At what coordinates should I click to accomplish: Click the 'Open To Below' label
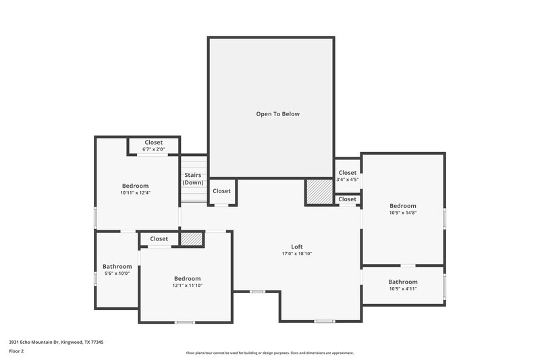277,114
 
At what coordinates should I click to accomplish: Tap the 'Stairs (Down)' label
193,179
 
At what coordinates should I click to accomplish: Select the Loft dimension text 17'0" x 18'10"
296,254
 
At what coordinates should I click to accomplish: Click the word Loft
296,247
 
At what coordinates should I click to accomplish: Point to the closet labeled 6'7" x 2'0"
153,149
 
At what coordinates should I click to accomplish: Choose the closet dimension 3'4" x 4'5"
347,180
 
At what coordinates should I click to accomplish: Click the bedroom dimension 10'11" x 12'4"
135,193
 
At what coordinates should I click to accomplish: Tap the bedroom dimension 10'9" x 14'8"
402,213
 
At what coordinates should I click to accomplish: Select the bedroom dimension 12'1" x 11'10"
187,286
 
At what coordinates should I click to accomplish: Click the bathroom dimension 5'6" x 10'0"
116,274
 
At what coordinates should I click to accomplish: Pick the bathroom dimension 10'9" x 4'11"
402,289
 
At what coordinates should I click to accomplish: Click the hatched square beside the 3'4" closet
319,191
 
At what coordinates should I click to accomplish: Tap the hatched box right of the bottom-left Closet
191,239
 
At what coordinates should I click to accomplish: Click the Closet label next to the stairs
221,191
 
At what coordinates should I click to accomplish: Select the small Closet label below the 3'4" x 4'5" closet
347,199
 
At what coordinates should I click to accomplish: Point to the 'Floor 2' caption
17,351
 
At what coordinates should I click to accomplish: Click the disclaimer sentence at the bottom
269,353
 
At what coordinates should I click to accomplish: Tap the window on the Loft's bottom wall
324,321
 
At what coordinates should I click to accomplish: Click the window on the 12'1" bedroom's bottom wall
184,322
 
